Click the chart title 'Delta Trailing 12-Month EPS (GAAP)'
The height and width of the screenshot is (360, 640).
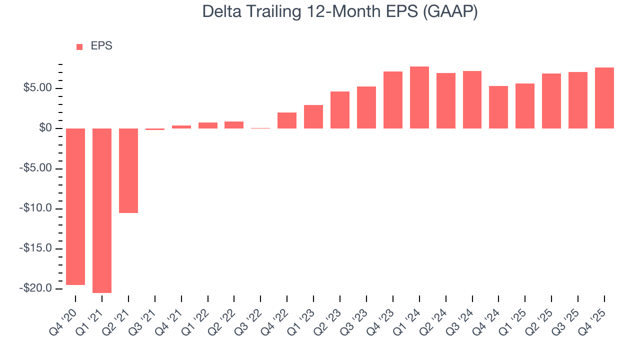pyautogui.click(x=340, y=12)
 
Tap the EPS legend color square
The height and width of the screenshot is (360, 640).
pyautogui.click(x=79, y=46)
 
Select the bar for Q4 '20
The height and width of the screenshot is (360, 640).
pyautogui.click(x=75, y=206)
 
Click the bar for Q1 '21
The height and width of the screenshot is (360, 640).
pyautogui.click(x=102, y=210)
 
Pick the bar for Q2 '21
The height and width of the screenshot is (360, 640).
pyautogui.click(x=128, y=170)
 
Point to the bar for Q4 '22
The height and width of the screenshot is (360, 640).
pyautogui.click(x=287, y=120)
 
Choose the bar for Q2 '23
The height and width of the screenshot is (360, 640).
pyautogui.click(x=340, y=110)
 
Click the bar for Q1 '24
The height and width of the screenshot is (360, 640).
pyautogui.click(x=419, y=97)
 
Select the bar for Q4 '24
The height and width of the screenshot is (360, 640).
pyautogui.click(x=498, y=107)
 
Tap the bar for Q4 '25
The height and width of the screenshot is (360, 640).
pyautogui.click(x=604, y=98)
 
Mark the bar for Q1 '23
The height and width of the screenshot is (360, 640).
pyautogui.click(x=313, y=116)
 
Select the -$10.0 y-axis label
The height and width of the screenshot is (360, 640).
pyautogui.click(x=35, y=208)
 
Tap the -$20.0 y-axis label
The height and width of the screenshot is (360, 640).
pyautogui.click(x=35, y=288)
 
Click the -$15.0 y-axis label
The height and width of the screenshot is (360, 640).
pyautogui.click(x=35, y=248)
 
